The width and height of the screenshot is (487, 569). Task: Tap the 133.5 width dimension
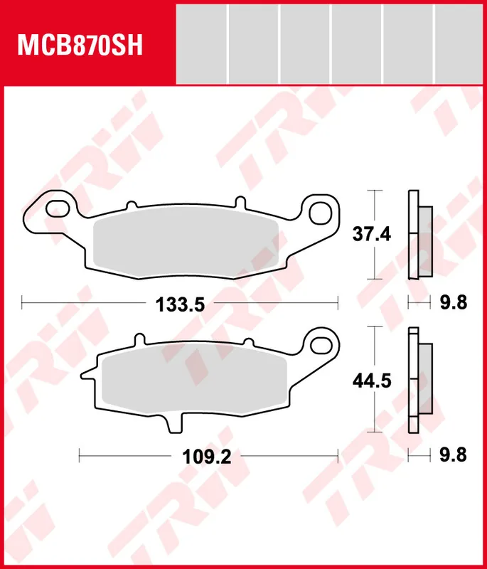(180, 304)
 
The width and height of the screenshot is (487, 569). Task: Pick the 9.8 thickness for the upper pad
(452, 304)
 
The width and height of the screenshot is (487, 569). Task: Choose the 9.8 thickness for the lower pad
(452, 455)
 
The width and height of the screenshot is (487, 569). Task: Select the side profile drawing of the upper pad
(419, 235)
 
